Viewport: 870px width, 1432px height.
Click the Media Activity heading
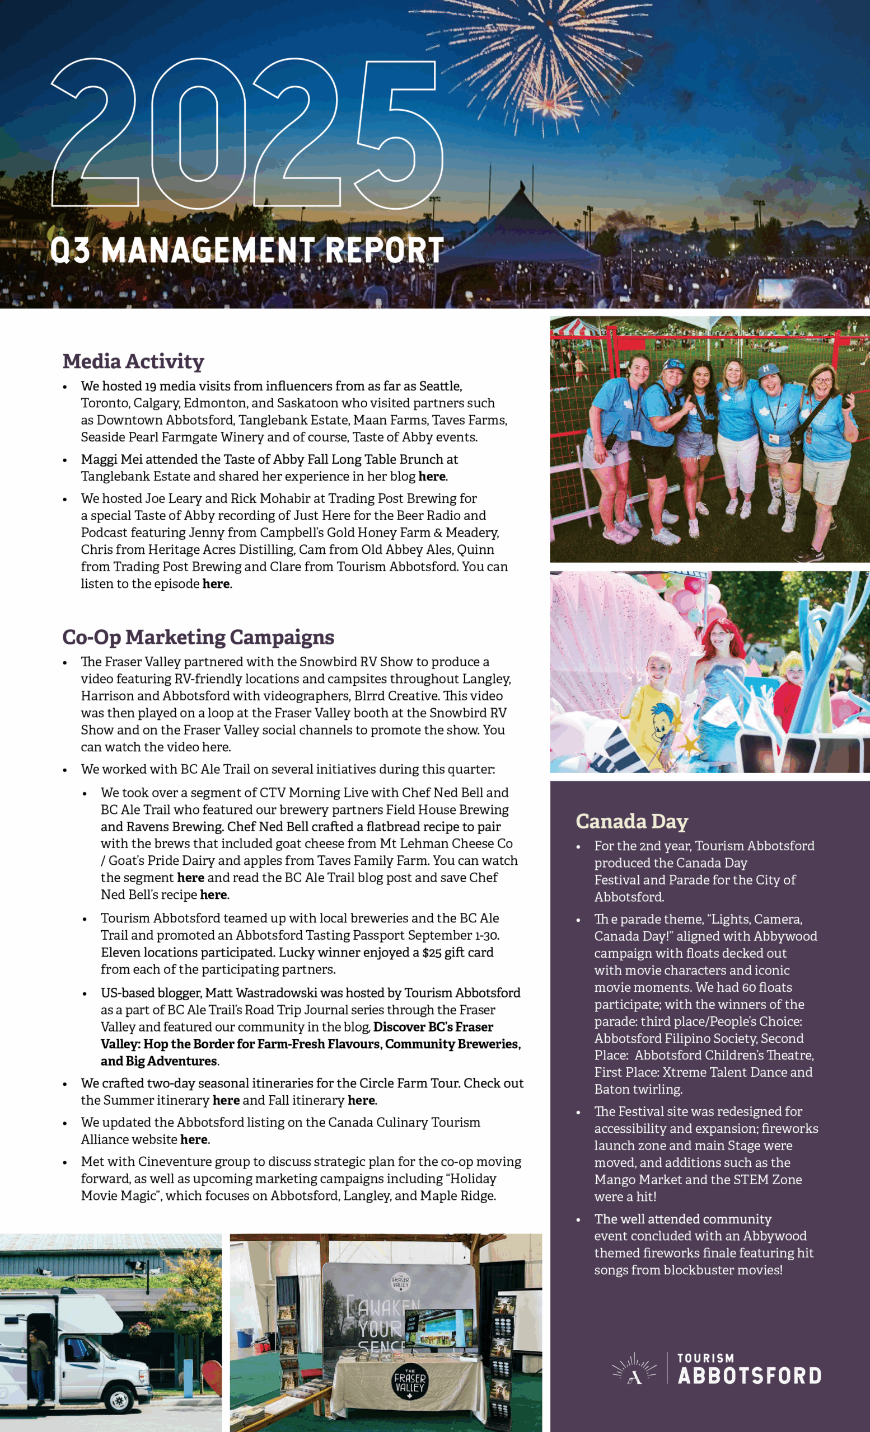tap(133, 361)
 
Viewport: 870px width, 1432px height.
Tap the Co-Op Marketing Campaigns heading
tap(198, 637)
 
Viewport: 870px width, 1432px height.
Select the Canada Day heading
tap(632, 821)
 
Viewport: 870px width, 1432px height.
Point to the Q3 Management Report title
tap(246, 250)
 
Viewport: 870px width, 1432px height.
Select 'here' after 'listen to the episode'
tap(216, 584)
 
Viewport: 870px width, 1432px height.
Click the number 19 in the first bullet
tap(151, 387)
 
